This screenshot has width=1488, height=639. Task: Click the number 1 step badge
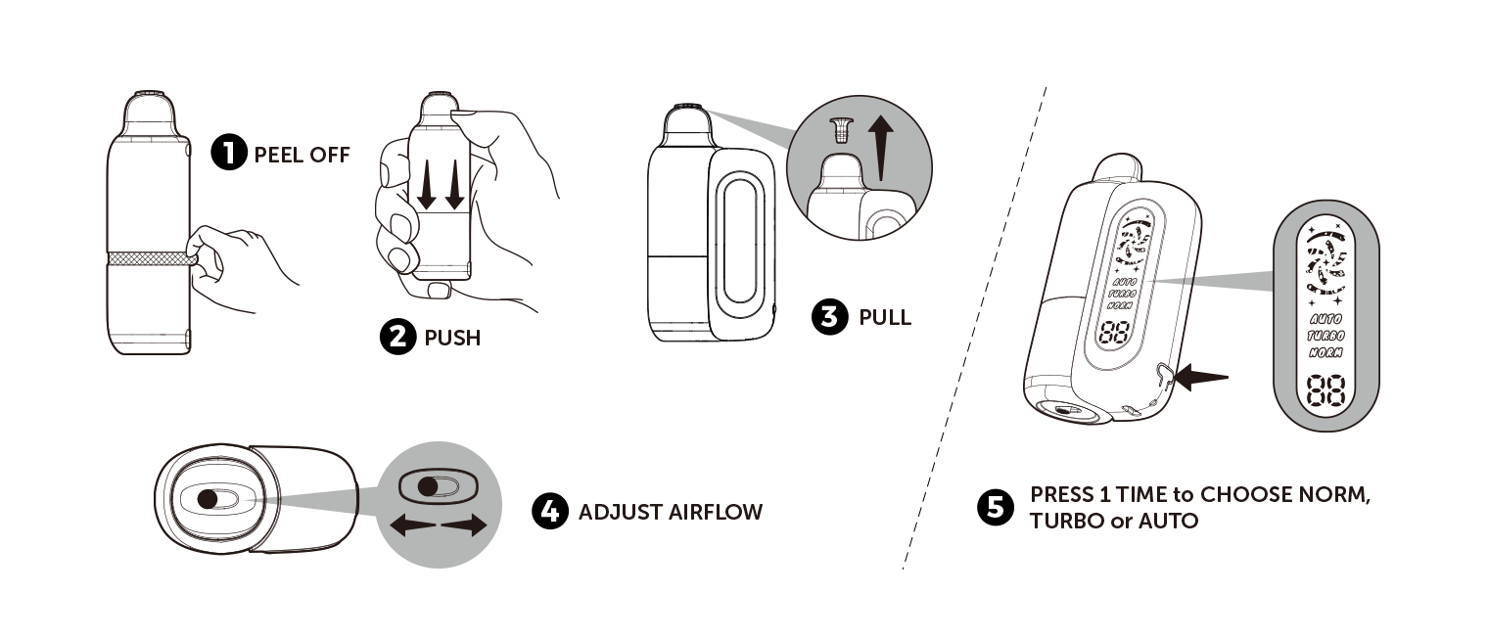(x=229, y=154)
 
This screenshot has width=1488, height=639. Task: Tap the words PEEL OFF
(x=302, y=155)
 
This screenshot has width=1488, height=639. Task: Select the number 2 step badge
(x=396, y=338)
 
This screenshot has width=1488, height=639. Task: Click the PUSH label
(x=452, y=339)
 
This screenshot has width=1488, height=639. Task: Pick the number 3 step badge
(x=830, y=317)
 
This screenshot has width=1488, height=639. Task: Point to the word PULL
(x=885, y=318)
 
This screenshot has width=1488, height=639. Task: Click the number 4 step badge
(x=550, y=512)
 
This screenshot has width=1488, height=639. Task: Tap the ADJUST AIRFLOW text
(x=670, y=512)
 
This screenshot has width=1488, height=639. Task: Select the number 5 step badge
(x=996, y=507)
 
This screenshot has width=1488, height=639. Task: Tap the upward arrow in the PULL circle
(x=881, y=147)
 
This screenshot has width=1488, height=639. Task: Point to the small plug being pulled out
(x=838, y=128)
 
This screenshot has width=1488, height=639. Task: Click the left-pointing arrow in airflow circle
(x=412, y=526)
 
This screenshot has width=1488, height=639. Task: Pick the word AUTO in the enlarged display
(x=1325, y=319)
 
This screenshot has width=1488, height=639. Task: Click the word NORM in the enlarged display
(x=1325, y=351)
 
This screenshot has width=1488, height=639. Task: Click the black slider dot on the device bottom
(x=208, y=499)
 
